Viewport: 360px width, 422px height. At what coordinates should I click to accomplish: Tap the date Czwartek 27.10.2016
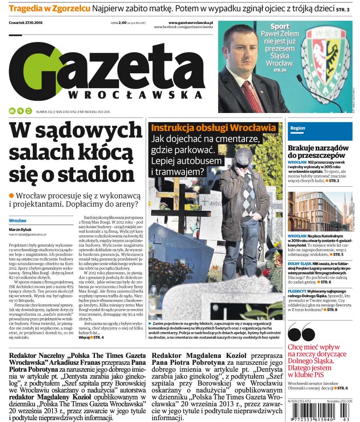pyautogui.click(x=29, y=23)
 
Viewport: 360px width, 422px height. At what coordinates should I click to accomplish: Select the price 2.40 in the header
pyautogui.click(x=122, y=23)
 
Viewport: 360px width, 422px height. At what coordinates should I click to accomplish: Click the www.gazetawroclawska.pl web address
pyautogui.click(x=190, y=22)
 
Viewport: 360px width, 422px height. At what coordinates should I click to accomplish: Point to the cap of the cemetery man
pyautogui.click(x=243, y=158)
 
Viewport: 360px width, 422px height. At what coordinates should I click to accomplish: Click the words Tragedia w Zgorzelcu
pyautogui.click(x=49, y=8)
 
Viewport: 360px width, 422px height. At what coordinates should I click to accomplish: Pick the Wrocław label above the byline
pyautogui.click(x=18, y=220)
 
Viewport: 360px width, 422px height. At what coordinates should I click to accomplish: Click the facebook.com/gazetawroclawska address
pyautogui.click(x=183, y=27)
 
